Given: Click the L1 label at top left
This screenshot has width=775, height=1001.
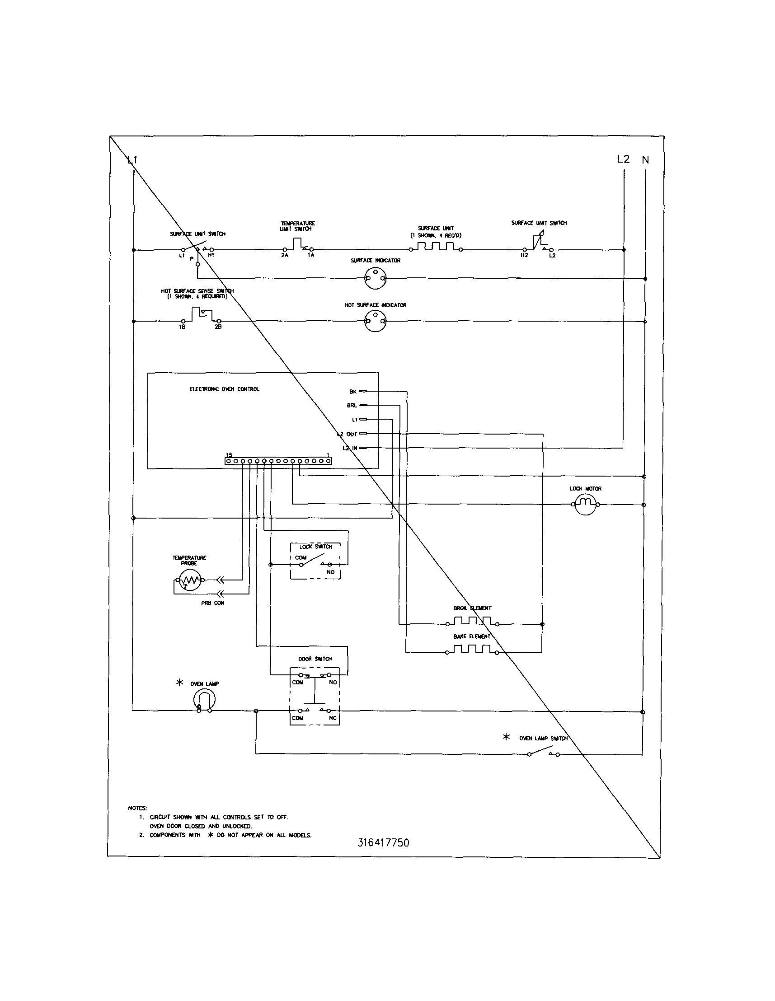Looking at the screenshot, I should point(132,160).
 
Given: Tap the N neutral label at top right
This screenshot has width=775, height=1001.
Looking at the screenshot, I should point(645,160).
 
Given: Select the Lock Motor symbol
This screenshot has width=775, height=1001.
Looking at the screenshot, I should point(585,504).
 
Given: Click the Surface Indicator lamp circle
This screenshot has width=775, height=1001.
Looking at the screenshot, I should point(375,278).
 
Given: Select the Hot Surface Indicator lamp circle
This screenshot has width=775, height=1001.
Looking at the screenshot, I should point(375,321).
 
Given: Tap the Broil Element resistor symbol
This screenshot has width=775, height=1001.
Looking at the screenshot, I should point(472,622).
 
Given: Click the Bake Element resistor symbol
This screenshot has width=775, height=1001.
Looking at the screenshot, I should point(472,650).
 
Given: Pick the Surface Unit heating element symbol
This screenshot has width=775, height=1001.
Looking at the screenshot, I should point(435,248).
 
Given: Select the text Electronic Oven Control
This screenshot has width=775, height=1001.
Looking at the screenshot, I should point(225,389).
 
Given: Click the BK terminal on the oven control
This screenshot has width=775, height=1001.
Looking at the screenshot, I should point(363,392).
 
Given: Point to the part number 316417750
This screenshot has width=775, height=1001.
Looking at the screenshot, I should point(383,842).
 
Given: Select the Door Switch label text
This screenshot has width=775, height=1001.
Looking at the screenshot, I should point(315,659).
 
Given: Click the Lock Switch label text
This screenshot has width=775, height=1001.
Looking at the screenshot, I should point(315,546).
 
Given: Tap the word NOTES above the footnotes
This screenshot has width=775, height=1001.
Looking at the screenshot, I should point(137,808).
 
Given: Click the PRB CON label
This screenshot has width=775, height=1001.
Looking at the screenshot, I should point(213,603).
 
